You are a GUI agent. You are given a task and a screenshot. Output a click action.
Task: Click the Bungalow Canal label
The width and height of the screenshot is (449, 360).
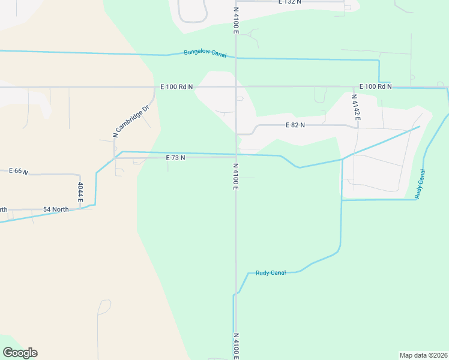tap(205, 54)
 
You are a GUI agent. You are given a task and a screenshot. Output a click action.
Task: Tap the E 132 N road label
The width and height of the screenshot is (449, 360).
tap(290, 2)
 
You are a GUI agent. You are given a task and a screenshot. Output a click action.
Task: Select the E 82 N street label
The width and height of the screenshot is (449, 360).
tap(295, 125)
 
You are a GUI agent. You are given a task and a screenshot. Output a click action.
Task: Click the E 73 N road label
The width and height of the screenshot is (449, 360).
tap(175, 157)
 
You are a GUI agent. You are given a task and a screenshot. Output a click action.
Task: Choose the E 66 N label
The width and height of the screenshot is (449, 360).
tap(19, 171)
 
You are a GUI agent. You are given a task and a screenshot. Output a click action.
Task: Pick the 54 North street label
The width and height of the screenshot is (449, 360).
tap(56, 209)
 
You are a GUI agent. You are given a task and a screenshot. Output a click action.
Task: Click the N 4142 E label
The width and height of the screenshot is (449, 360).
tap(355, 107)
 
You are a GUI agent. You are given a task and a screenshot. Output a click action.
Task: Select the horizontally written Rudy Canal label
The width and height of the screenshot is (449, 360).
tap(271, 272)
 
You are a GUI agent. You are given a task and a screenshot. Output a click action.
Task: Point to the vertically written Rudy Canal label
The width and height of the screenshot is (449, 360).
tap(422, 184)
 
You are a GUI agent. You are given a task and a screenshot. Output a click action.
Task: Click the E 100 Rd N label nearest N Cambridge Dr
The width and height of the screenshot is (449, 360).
tap(176, 87)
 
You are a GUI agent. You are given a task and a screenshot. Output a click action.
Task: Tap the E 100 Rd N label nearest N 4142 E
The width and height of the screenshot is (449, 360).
tap(375, 86)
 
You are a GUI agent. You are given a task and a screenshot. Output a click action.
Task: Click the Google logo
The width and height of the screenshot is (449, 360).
tap(20, 353)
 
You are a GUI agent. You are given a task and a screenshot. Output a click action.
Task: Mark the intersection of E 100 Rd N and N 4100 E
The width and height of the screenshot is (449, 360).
tap(236, 87)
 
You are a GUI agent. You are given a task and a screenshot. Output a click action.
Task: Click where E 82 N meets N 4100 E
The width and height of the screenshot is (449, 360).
tap(237, 134)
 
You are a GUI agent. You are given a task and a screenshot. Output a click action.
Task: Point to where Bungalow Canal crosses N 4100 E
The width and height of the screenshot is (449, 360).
tap(236, 58)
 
